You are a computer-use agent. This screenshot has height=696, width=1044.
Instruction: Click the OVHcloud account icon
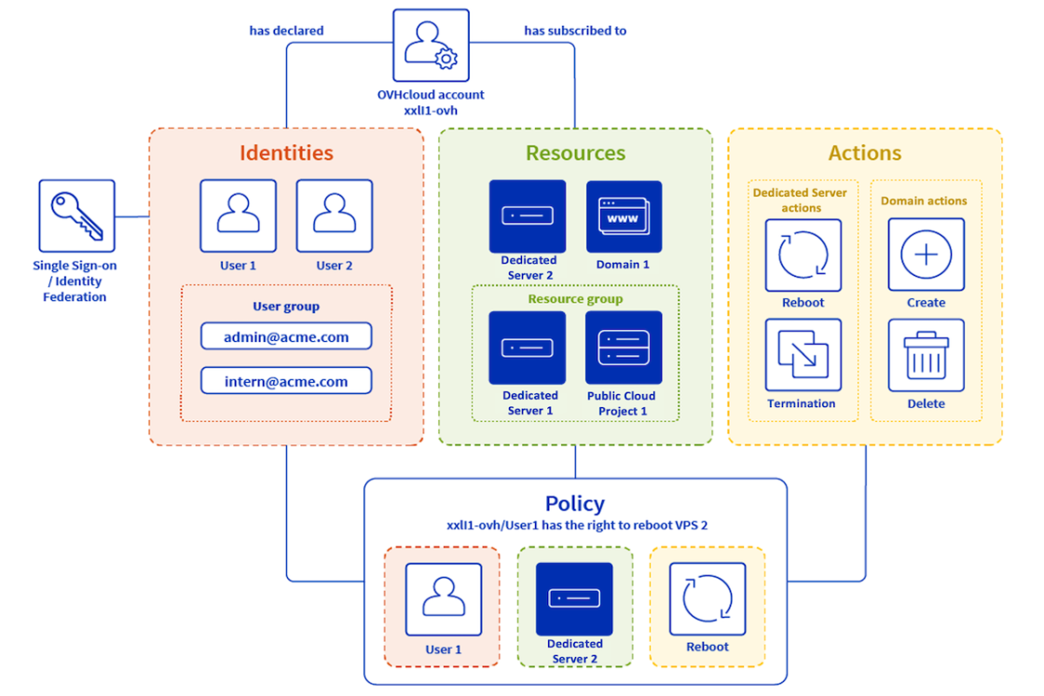[x=431, y=46]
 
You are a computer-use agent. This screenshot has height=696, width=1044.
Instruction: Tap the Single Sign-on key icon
[x=76, y=215]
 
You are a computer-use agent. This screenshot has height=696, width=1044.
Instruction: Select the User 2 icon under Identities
[x=335, y=215]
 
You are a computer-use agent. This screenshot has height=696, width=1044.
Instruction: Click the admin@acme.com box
[x=286, y=336]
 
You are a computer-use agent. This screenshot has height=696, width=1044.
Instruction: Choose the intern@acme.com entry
[x=286, y=380]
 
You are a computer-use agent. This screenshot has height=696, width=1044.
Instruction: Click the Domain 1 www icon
[x=624, y=216]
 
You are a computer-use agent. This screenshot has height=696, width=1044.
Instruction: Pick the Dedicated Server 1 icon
[x=528, y=348]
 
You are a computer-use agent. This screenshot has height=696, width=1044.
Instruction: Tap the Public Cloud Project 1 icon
[x=624, y=348]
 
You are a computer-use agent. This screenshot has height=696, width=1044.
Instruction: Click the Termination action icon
[x=803, y=355]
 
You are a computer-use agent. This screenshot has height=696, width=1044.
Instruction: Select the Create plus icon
[x=927, y=254]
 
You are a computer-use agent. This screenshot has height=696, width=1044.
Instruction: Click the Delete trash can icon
[x=927, y=355]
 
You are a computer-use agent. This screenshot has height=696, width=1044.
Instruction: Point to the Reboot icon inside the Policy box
[x=707, y=599]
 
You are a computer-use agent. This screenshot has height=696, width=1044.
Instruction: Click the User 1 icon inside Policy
[x=444, y=599]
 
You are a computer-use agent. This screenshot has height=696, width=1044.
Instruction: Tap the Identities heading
[x=286, y=153]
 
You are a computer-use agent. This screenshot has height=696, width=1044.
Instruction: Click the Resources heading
[x=575, y=153]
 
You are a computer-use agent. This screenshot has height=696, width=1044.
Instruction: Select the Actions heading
[x=865, y=153]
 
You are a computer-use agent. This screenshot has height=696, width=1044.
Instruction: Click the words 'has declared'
[x=286, y=31]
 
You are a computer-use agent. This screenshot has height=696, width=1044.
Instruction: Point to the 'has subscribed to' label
[x=575, y=31]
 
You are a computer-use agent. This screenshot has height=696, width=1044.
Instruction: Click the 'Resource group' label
[x=575, y=299]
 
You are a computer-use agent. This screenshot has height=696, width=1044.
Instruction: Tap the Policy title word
[x=575, y=503]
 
